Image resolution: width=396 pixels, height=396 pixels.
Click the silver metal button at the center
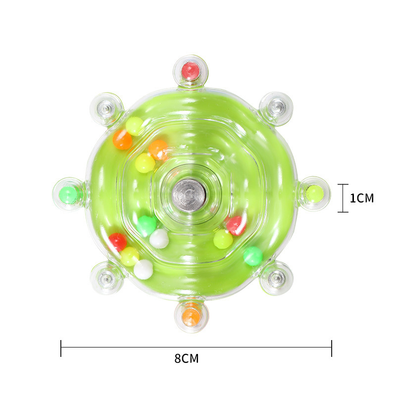point(189,195)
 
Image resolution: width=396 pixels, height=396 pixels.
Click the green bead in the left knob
point(68,195)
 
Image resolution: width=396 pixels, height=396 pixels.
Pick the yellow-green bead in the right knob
point(314,194)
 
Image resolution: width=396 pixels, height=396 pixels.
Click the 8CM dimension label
point(187,358)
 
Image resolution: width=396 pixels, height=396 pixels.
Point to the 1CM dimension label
point(362,198)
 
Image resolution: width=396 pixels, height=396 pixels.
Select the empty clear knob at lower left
point(107,278)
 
